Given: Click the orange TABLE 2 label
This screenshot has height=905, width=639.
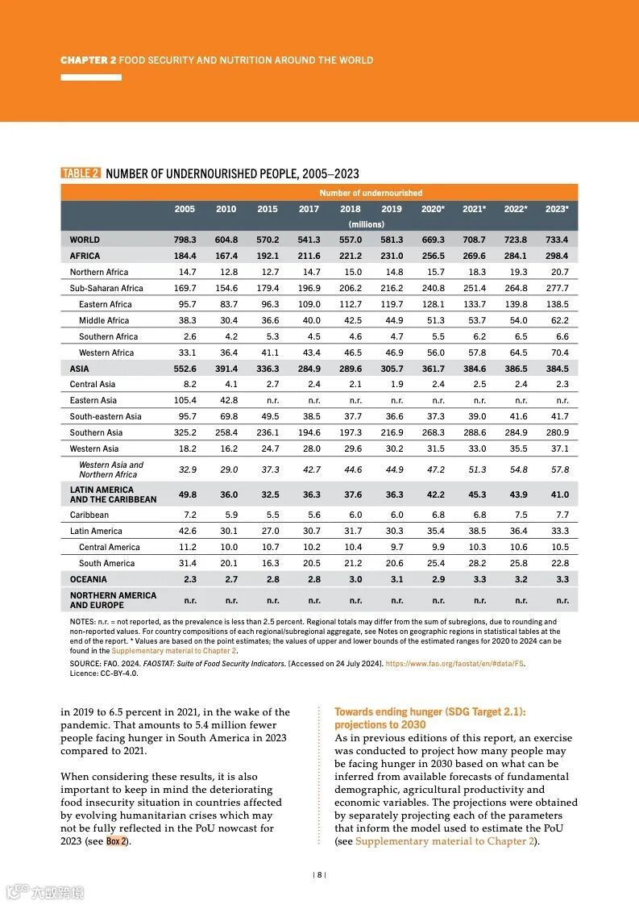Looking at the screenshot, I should point(81,173).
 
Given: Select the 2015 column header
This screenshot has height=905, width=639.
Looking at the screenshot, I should point(268,209).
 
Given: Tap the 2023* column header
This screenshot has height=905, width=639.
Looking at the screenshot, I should point(557,209).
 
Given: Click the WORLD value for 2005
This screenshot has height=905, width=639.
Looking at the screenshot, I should point(185,240).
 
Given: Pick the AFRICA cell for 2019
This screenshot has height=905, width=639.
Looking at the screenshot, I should point(392,256).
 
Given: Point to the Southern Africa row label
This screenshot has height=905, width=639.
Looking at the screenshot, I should point(108,336).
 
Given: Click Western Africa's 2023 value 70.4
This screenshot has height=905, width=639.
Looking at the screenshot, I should point(559,352).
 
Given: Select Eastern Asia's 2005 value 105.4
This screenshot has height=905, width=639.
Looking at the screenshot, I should point(185,400).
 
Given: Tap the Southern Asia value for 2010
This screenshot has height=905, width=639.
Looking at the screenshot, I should point(226,432).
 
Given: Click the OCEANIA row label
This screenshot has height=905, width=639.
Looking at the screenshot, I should point(88,579).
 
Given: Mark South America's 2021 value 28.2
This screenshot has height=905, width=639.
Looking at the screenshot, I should point(477,563).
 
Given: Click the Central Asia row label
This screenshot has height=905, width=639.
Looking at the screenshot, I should point(93,384).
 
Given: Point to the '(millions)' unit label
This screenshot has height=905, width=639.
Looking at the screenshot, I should point(366,224).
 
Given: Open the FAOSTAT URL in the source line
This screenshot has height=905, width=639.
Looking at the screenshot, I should point(454,664).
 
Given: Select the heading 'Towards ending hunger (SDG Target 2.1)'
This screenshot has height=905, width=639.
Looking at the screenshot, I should point(429,711).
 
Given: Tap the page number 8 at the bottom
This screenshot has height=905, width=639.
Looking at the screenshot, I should point(319,874).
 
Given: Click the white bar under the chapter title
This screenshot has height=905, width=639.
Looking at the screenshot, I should point(91,77).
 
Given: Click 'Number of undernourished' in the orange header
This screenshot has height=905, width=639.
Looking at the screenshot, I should point(371,193).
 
